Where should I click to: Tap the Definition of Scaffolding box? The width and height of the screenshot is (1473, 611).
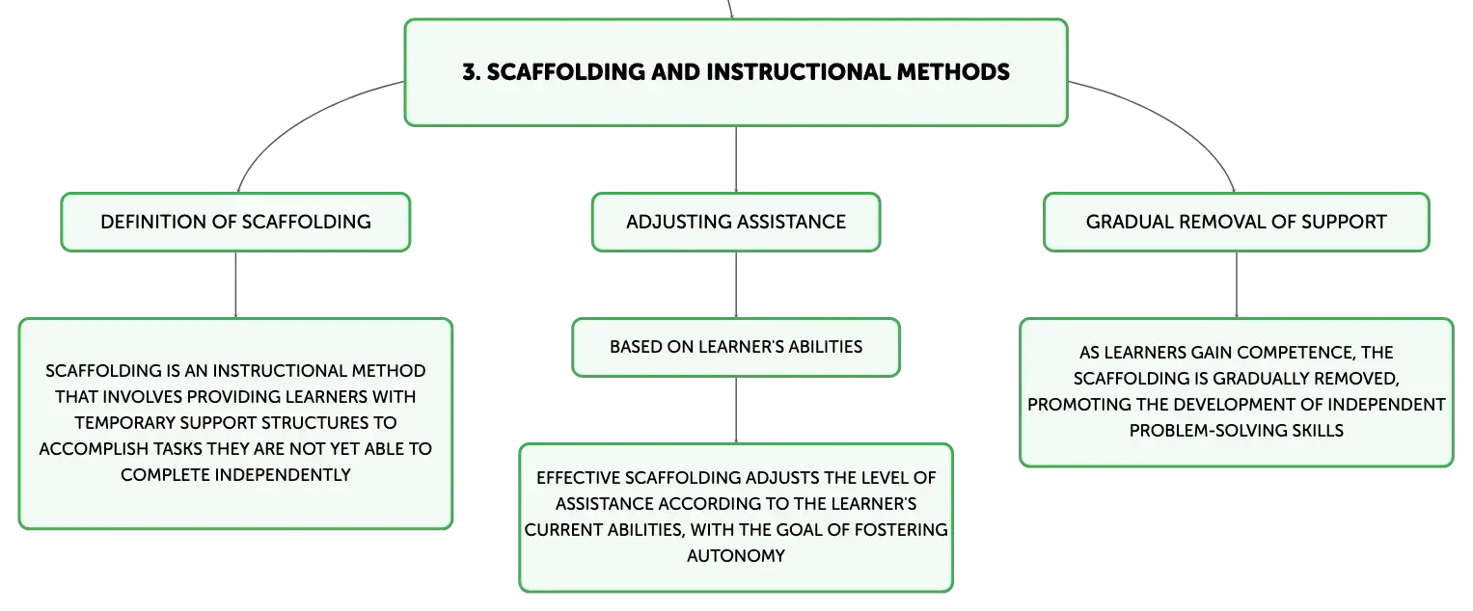pyautogui.click(x=235, y=222)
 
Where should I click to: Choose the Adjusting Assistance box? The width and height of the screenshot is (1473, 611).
pyautogui.click(x=736, y=222)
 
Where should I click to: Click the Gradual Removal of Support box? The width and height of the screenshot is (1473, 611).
pyautogui.click(x=1237, y=222)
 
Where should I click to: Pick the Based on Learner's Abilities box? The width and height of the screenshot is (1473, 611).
pyautogui.click(x=736, y=347)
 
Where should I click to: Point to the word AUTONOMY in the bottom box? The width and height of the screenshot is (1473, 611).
pyautogui.click(x=736, y=556)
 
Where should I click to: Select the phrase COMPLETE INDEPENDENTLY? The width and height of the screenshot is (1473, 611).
pyautogui.click(x=235, y=475)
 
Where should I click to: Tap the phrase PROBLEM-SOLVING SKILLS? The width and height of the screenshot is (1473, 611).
pyautogui.click(x=1237, y=431)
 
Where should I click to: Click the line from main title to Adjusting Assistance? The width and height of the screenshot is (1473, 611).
pyautogui.click(x=736, y=159)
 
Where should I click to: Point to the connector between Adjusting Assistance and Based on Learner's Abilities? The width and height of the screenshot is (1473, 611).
pyautogui.click(x=736, y=284)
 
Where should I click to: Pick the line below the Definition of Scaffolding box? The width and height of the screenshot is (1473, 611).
pyautogui.click(x=235, y=284)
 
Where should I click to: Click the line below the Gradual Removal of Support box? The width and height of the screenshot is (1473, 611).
pyautogui.click(x=1237, y=284)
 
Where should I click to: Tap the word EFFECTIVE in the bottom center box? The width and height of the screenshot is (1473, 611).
pyautogui.click(x=578, y=478)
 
